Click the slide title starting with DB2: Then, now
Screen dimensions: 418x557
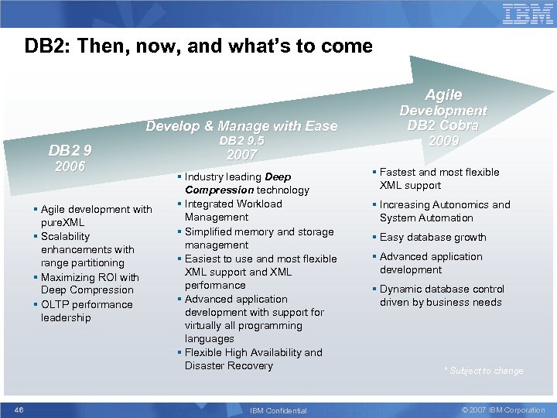pos(199,46)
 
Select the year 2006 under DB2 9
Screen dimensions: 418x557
pos(69,166)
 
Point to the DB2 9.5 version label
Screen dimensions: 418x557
pos(241,141)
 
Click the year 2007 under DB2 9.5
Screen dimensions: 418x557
pos(241,155)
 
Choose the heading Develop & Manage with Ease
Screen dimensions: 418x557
pos(242,125)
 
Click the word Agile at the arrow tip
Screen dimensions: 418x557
pos(443,94)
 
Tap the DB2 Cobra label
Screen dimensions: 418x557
pos(443,125)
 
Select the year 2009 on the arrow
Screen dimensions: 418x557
pos(443,141)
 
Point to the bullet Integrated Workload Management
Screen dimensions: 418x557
pos(233,211)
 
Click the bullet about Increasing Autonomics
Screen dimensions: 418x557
pos(445,211)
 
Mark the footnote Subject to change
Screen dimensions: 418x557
pos(484,371)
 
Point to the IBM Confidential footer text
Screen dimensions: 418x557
pos(278,410)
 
